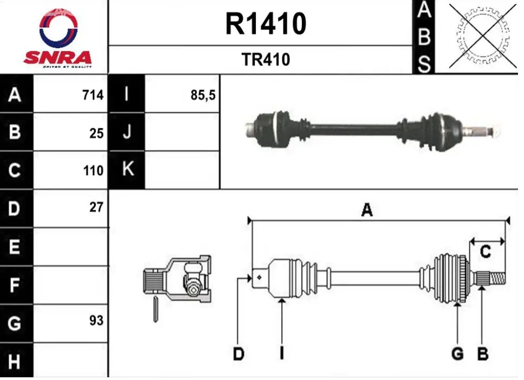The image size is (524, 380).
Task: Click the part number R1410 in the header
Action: click(x=266, y=23)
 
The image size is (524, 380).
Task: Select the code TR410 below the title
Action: click(x=266, y=60)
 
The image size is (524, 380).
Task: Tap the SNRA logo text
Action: click(x=57, y=57)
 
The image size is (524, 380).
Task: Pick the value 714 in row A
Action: click(x=93, y=95)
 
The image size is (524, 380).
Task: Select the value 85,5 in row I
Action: click(x=203, y=95)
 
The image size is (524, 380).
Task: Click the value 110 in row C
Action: click(x=93, y=171)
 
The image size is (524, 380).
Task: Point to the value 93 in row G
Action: click(x=96, y=320)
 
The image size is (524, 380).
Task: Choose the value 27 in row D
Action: click(x=96, y=207)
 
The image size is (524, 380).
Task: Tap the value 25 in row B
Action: click(x=96, y=133)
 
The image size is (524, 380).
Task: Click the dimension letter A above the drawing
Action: click(x=367, y=210)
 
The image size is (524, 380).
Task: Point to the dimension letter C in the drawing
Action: click(x=485, y=252)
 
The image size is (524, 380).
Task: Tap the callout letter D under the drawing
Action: click(x=238, y=353)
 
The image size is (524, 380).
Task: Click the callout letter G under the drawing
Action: click(x=457, y=353)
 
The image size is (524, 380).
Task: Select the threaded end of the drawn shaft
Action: click(x=497, y=279)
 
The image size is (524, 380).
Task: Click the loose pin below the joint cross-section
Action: click(x=156, y=309)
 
